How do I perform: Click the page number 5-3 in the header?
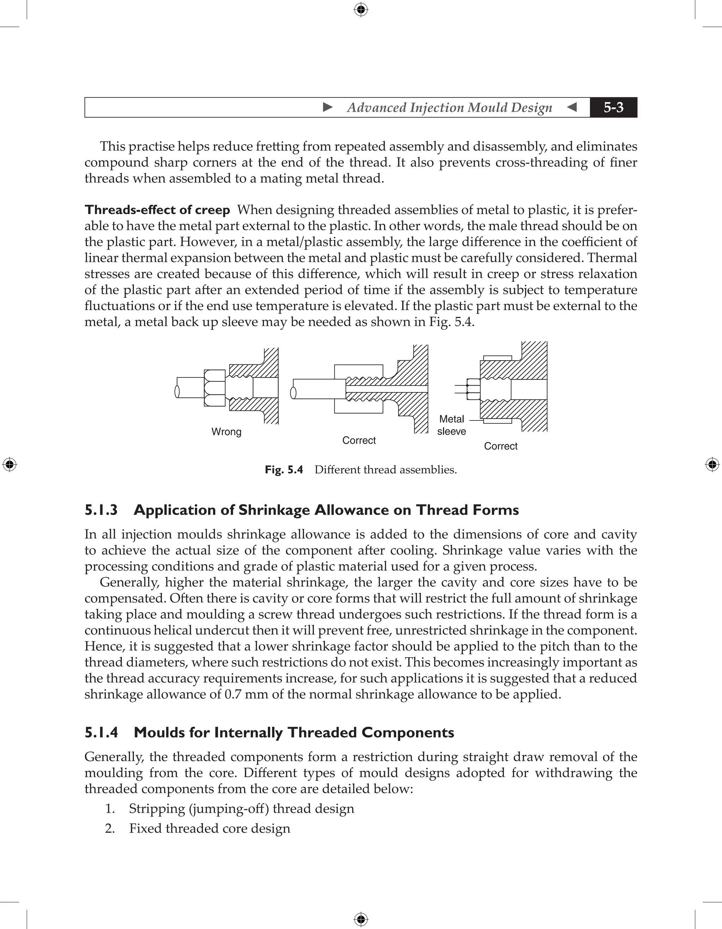[613, 107]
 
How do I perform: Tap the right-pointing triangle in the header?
[328, 107]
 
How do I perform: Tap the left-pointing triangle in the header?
[572, 107]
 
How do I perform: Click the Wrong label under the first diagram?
[226, 432]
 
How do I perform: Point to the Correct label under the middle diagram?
[359, 440]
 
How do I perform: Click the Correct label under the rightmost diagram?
[500, 446]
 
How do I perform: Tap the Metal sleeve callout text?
[451, 425]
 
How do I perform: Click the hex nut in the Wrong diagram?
[214, 388]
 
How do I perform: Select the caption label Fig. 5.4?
[283, 469]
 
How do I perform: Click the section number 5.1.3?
[101, 510]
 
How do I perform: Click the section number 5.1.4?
[101, 732]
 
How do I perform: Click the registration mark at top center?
[361, 10]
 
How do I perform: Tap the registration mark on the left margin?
[10, 464]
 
